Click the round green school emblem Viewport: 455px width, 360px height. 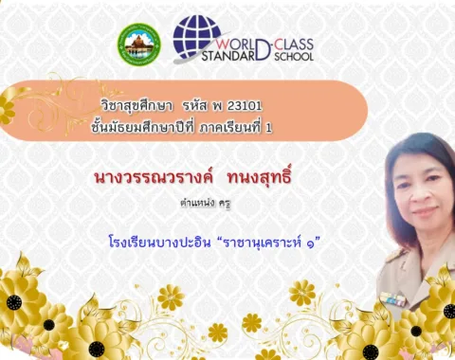(139, 45)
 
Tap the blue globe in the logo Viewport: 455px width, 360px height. (197, 36)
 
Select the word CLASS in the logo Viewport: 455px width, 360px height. (294, 45)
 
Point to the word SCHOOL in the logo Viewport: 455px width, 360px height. (294, 57)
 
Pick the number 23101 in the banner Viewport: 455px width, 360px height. (245, 106)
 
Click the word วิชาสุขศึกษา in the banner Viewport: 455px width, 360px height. (136, 106)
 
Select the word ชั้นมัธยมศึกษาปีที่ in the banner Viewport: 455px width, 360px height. (142, 127)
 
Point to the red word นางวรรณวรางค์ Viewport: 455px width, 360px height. (154, 178)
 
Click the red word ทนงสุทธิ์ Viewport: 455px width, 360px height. (259, 177)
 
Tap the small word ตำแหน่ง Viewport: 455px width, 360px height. (197, 203)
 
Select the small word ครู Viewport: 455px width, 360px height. (225, 204)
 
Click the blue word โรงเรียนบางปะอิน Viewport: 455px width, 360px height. (159, 243)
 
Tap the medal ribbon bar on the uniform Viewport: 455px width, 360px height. (392, 298)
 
